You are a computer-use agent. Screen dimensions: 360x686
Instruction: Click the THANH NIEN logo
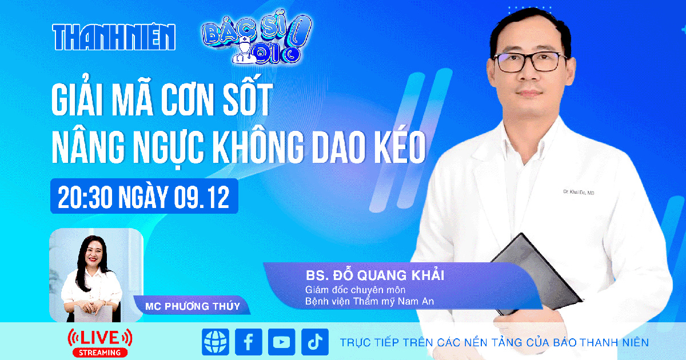(x=114, y=37)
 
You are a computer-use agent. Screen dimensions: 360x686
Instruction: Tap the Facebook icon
(x=248, y=342)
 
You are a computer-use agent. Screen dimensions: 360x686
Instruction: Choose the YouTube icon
(x=281, y=342)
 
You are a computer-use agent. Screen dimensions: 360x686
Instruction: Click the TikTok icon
(x=314, y=342)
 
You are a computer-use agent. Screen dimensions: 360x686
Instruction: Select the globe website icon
(x=215, y=342)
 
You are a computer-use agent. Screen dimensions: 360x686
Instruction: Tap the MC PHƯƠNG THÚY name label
(x=193, y=306)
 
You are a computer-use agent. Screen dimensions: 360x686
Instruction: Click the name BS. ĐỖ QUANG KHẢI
(x=375, y=275)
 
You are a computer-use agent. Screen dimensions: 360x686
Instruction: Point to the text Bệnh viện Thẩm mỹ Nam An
(x=370, y=301)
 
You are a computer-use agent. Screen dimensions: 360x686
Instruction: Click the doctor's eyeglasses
(x=529, y=61)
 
